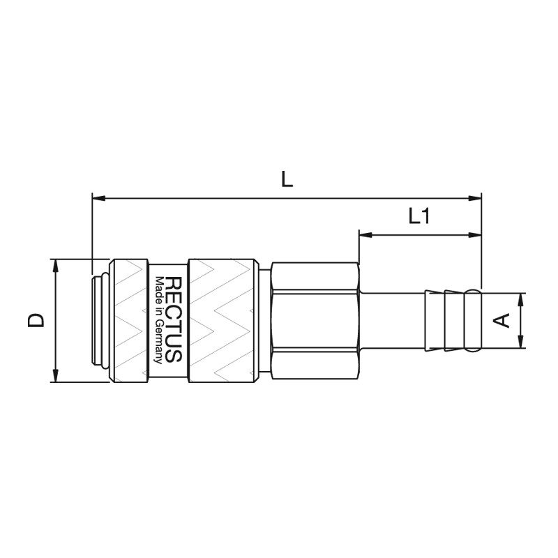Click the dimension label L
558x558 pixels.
click(x=287, y=179)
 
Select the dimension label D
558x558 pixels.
click(x=36, y=320)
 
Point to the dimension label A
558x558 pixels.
click(x=502, y=320)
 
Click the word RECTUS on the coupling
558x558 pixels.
click(x=174, y=319)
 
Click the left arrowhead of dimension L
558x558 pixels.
click(x=98, y=198)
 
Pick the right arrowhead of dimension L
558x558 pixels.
click(x=475, y=198)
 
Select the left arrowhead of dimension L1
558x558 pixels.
click(x=365, y=235)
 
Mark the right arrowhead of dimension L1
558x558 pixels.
click(x=475, y=235)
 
